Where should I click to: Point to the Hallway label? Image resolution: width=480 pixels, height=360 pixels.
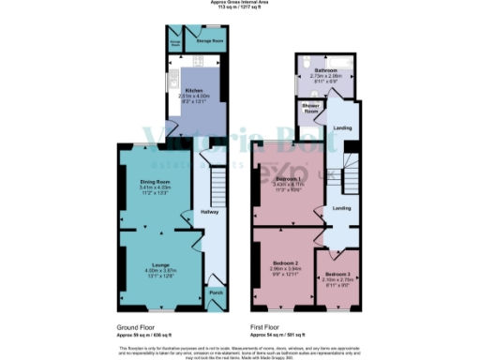(x=211, y=212)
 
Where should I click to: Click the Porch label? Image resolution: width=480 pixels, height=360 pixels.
(x=216, y=292)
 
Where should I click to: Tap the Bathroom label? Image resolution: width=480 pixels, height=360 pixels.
(x=325, y=70)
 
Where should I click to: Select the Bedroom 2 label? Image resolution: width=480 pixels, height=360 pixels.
(x=285, y=262)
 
